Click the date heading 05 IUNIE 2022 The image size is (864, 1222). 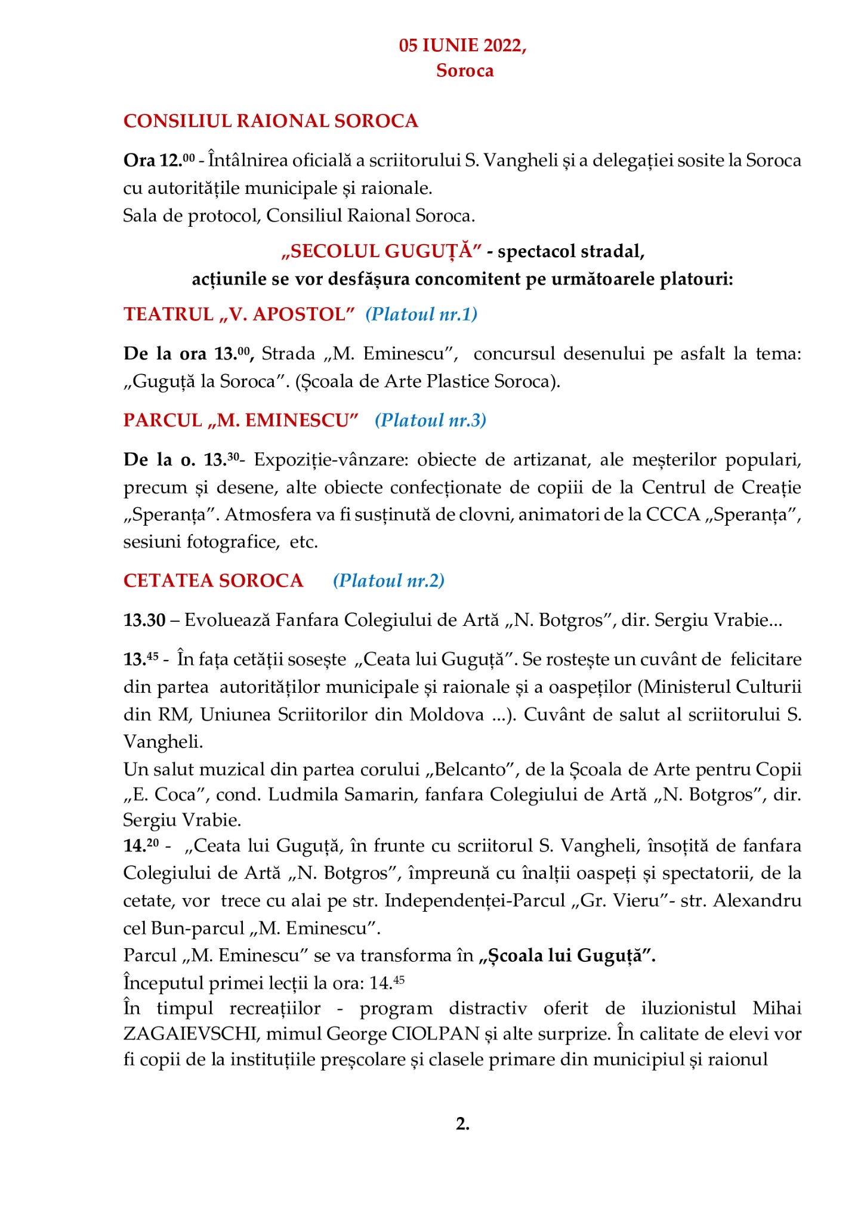(462, 45)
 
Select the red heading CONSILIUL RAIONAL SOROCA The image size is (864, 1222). (270, 121)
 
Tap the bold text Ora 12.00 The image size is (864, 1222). (159, 161)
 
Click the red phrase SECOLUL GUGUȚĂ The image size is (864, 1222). (381, 251)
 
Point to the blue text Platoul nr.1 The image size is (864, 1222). (421, 314)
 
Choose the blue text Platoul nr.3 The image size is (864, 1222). (430, 421)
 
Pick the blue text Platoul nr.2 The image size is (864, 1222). (388, 581)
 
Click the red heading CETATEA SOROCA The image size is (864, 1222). (213, 581)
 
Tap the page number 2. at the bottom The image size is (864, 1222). (462, 1124)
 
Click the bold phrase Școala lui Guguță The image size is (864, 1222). (567, 956)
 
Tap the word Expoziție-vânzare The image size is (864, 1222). (332, 460)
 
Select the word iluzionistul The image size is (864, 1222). (689, 1008)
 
